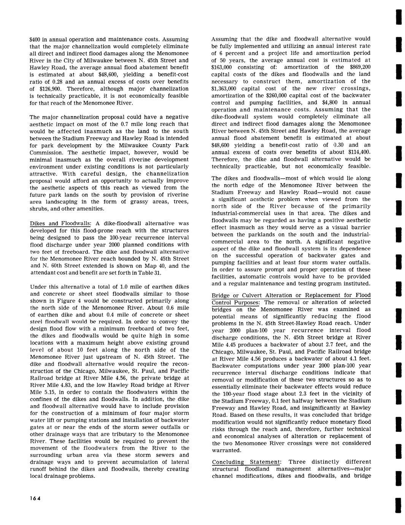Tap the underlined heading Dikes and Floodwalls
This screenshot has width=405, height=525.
tap(60, 223)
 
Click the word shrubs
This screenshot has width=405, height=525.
tap(39, 209)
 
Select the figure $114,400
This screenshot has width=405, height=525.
tap(359, 152)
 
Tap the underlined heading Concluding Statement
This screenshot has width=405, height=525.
tap(246, 462)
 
